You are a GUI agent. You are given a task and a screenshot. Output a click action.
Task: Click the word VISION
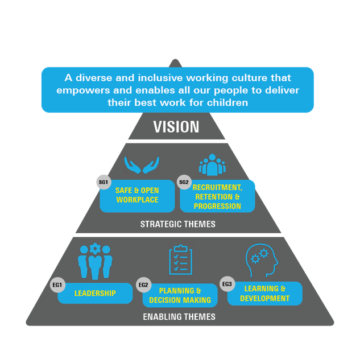coord(176,126)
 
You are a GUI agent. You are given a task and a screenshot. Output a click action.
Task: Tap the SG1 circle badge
coord(104,182)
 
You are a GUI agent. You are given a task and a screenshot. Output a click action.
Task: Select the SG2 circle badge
coord(184,182)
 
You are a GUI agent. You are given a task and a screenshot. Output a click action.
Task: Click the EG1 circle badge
coord(57,284)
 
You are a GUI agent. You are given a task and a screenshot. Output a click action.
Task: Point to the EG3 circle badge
coord(227,284)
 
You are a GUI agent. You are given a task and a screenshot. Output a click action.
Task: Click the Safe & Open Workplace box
coord(137,196)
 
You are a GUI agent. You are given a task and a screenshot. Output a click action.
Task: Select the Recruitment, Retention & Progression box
coord(217,196)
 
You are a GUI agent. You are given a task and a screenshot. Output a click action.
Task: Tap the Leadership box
coord(95,294)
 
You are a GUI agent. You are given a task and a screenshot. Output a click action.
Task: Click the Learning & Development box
coord(265,294)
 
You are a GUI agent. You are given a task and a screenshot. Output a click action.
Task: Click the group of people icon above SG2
coord(212,164)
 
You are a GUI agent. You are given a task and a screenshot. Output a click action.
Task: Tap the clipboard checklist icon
coord(180,261)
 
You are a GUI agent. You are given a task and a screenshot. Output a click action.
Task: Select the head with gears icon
coord(262,261)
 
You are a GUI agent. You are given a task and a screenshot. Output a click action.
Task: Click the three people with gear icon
coord(95,261)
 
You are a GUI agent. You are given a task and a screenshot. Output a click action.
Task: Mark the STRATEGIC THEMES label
coord(178,224)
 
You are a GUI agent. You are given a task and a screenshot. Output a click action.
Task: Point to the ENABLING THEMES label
coord(179,317)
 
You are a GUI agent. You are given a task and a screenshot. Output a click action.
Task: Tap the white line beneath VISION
coord(177,141)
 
